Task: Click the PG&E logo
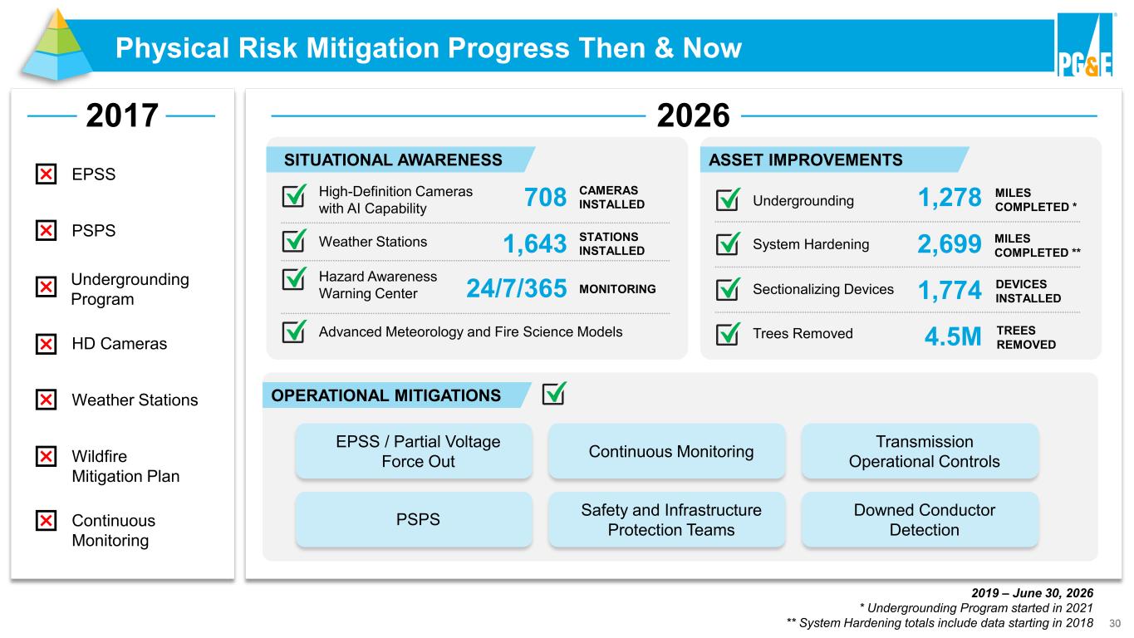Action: (1086, 45)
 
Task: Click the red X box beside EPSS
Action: (46, 174)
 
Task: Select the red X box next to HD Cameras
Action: (46, 344)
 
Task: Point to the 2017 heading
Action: (122, 115)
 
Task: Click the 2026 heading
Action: (693, 115)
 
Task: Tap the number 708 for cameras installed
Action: (545, 198)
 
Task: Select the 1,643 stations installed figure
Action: (535, 244)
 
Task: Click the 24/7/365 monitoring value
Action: (517, 288)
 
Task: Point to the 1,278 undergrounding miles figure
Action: (950, 198)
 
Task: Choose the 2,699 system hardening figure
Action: (950, 244)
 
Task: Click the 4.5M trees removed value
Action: (953, 336)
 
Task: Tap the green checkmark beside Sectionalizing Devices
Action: (728, 288)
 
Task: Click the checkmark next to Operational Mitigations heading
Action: (554, 393)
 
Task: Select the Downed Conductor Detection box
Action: (924, 520)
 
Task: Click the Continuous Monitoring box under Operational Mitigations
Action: (670, 451)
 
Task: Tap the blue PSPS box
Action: (418, 520)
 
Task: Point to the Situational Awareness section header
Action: (400, 159)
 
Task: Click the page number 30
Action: (1115, 623)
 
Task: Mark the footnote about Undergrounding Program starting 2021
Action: (976, 607)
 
